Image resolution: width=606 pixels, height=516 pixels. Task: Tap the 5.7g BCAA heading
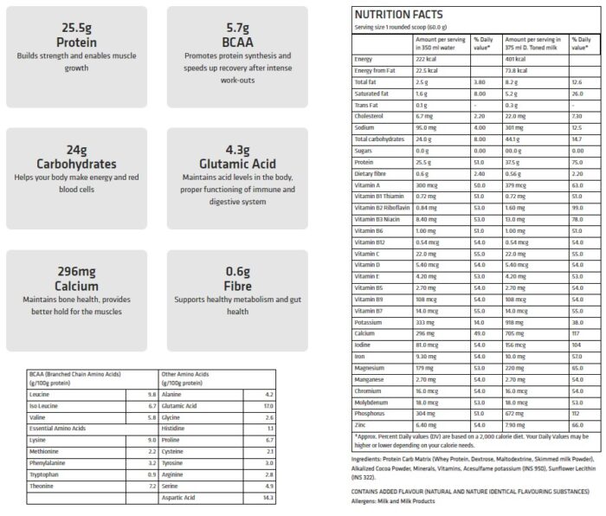pos(236,35)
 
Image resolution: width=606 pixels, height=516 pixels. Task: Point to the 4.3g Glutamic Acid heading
pos(236,156)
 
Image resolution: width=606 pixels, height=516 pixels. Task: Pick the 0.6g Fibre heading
pos(236,276)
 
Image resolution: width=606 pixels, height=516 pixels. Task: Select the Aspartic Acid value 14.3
pos(268,497)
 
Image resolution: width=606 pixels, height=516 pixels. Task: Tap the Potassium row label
pos(369,321)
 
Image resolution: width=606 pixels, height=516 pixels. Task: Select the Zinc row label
pos(362,424)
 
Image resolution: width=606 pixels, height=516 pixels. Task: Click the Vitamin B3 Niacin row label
pos(380,218)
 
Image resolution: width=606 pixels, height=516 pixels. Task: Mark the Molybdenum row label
pos(373,402)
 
